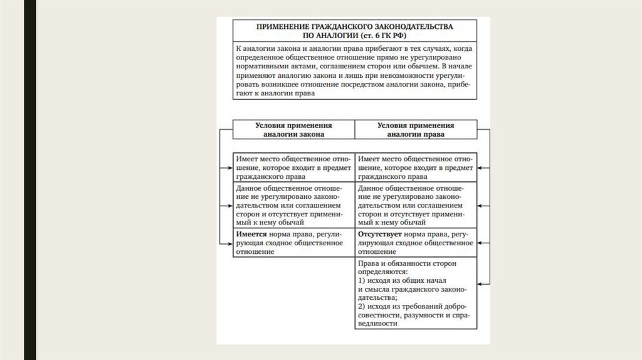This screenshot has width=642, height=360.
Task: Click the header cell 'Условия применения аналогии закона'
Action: [x=293, y=129]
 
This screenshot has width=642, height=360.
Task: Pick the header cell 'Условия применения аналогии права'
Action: [x=416, y=129]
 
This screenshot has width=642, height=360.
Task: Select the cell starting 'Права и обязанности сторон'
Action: [x=416, y=294]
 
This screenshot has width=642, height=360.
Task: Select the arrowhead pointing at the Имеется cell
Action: [x=229, y=243]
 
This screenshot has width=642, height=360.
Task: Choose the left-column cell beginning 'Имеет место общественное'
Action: [x=293, y=167]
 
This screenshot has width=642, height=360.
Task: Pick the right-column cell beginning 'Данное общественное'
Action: [x=416, y=205]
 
